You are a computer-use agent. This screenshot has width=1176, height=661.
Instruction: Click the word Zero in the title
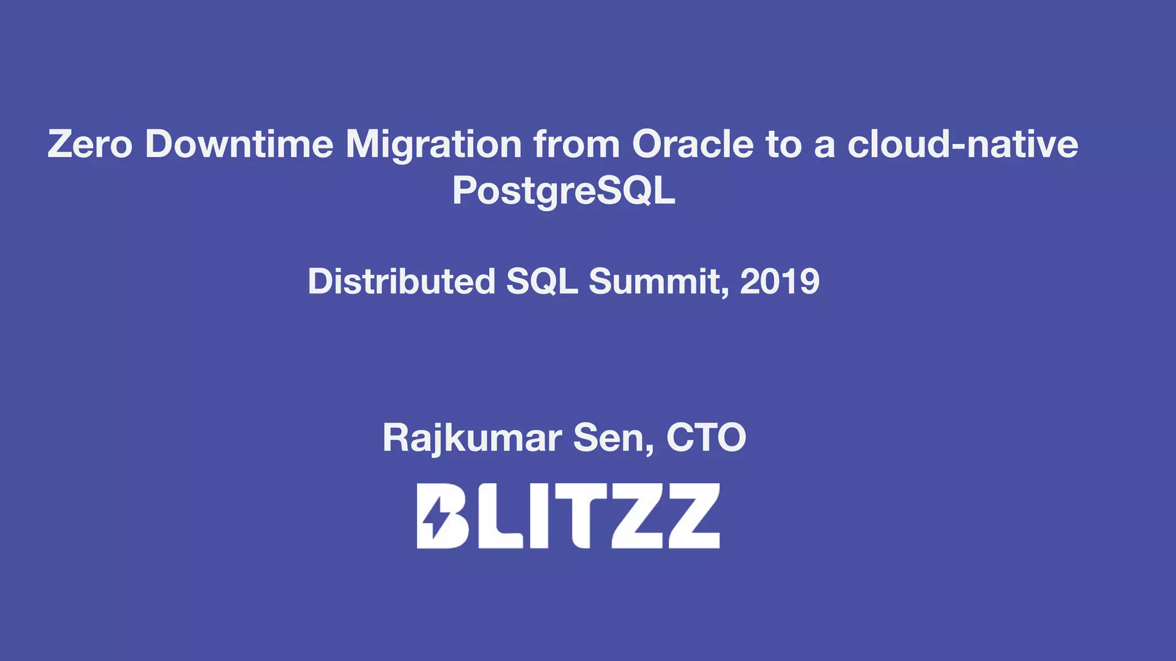point(90,144)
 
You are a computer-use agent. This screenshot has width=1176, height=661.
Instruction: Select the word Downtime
point(239,144)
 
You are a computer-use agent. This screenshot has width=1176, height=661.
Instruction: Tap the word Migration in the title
point(434,144)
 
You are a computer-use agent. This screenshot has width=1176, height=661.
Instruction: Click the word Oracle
point(693,144)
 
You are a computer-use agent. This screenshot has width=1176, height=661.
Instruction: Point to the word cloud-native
point(963,144)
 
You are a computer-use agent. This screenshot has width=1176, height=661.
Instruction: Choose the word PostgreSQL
point(563,191)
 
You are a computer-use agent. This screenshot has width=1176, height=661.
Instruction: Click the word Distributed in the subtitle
point(401,282)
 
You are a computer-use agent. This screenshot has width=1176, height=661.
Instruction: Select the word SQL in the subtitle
point(541,282)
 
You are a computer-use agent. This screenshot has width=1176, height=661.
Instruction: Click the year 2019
point(779,282)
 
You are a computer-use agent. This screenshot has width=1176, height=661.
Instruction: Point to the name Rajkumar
point(472,438)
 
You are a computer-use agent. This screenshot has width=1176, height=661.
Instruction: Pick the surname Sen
point(613,438)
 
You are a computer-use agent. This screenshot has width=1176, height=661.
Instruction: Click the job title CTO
point(706,438)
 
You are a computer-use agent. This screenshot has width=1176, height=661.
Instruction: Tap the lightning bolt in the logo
point(435,516)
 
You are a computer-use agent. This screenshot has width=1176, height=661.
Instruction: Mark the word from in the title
point(577,144)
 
